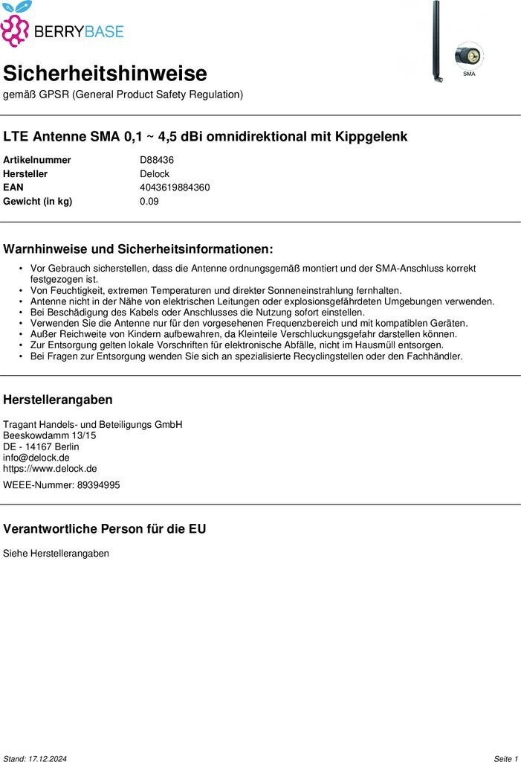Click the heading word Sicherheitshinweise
tap(105, 74)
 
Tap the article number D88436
tap(157, 160)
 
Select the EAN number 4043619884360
tap(175, 188)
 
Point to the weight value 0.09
tap(149, 202)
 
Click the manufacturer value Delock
tap(155, 174)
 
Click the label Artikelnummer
tap(37, 160)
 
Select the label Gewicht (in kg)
tap(37, 202)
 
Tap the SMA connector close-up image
tap(469, 56)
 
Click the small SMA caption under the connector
tap(469, 74)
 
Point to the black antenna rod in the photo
tap(437, 37)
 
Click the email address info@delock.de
tap(36, 458)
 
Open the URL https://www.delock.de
tap(50, 469)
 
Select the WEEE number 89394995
tap(88, 485)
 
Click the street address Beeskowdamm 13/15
tap(50, 435)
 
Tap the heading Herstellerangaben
tap(58, 400)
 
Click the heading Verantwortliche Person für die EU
tap(105, 529)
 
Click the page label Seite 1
tap(505, 758)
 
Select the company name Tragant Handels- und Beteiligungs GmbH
tap(93, 424)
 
